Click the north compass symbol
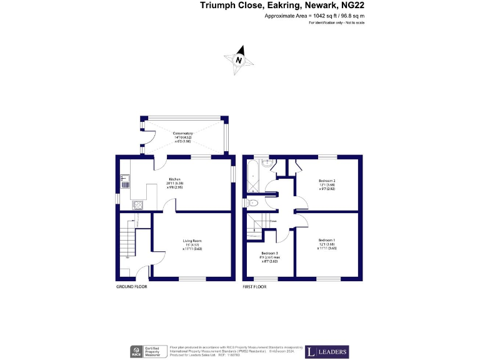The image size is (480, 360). pyautogui.click(x=239, y=60)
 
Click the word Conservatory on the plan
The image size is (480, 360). pyautogui.click(x=183, y=134)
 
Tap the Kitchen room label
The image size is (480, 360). pyautogui.click(x=173, y=179)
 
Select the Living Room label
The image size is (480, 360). pyautogui.click(x=192, y=241)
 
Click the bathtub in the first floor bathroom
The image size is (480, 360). pyautogui.click(x=252, y=177)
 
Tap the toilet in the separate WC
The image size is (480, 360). pyautogui.click(x=252, y=203)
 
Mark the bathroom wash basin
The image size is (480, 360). pyautogui.click(x=267, y=164)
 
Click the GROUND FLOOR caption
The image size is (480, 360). pyautogui.click(x=132, y=287)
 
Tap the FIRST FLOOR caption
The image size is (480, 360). pyautogui.click(x=254, y=287)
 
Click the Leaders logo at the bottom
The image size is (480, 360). pyautogui.click(x=327, y=352)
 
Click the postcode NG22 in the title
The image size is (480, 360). pyautogui.click(x=351, y=6)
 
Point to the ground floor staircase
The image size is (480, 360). pyautogui.click(x=128, y=241)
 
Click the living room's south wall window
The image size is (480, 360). pyautogui.click(x=192, y=278)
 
